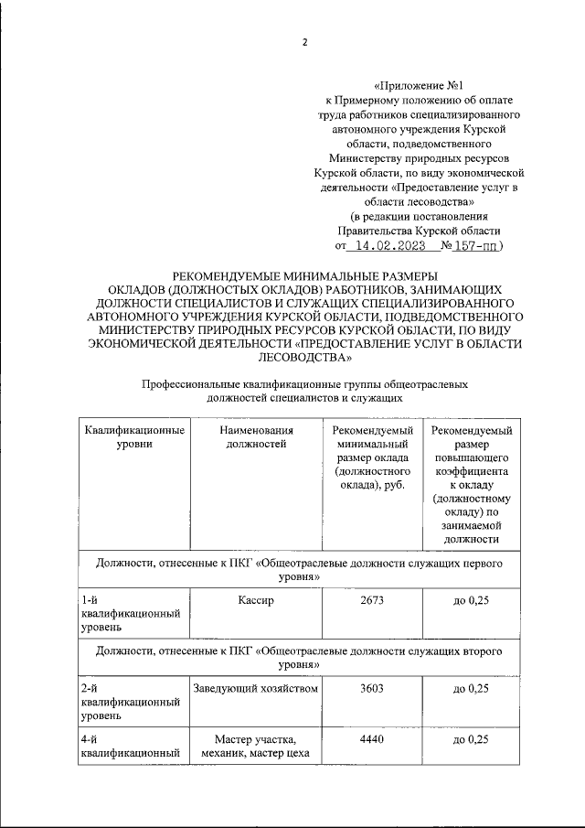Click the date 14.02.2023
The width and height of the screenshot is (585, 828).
coord(389,246)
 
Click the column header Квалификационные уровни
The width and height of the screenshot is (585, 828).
coord(133,437)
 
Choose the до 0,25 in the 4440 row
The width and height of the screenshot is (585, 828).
coord(471,739)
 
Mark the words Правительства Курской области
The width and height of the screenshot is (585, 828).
coord(418,231)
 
